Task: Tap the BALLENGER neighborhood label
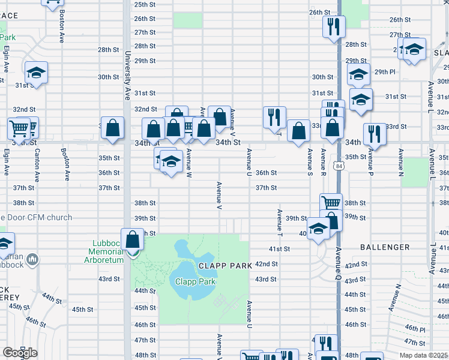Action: tap(385, 247)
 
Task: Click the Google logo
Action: tap(20, 353)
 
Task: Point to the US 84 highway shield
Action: tap(340, 165)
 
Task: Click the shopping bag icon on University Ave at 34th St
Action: tap(113, 128)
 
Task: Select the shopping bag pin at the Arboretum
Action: tap(132, 239)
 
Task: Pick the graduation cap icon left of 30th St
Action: tap(37, 73)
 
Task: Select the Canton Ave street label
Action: tap(37, 165)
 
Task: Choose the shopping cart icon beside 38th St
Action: tap(330, 203)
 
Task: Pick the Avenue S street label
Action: tap(310, 162)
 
